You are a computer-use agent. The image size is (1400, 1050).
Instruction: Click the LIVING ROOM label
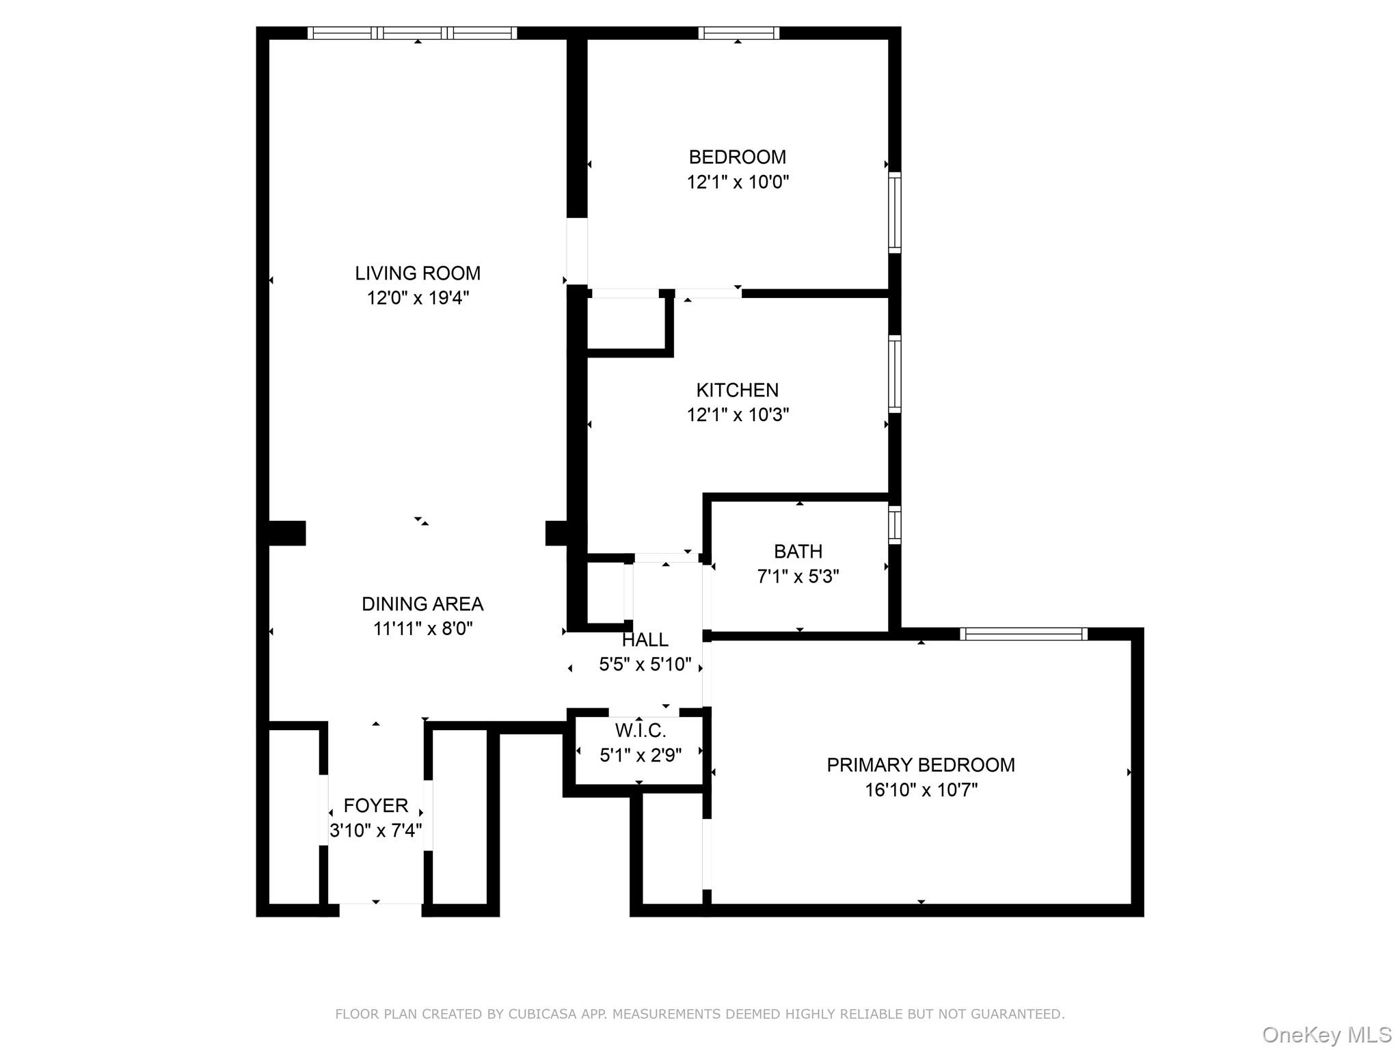click(x=417, y=273)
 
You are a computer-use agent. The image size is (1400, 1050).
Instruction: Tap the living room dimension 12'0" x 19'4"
click(x=417, y=298)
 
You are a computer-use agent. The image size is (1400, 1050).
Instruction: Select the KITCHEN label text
click(x=737, y=390)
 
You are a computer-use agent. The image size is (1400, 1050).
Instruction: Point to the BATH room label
click(x=798, y=552)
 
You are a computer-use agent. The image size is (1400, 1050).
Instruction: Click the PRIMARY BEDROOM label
click(x=920, y=765)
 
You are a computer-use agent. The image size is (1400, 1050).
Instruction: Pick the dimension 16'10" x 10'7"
click(x=920, y=790)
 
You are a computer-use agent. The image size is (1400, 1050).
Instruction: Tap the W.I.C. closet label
click(x=640, y=731)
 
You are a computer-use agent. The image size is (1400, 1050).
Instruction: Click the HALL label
click(x=645, y=640)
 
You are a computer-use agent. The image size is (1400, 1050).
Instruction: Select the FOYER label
click(x=375, y=806)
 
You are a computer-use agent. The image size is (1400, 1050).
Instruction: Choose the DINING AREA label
click(x=422, y=604)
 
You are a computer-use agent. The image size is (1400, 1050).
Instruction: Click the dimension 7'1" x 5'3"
click(x=798, y=576)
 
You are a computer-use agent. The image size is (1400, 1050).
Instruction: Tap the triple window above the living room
click(x=412, y=33)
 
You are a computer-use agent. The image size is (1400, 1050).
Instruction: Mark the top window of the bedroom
click(x=738, y=33)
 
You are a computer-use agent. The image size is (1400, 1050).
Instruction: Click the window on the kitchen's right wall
click(x=894, y=374)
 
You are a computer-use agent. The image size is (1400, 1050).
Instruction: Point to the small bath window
click(x=894, y=525)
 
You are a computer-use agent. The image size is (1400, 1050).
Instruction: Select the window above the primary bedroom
click(x=1023, y=634)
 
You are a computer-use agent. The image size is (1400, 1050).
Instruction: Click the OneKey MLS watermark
click(x=1326, y=1034)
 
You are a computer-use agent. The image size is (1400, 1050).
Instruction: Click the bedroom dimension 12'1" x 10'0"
click(x=737, y=182)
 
